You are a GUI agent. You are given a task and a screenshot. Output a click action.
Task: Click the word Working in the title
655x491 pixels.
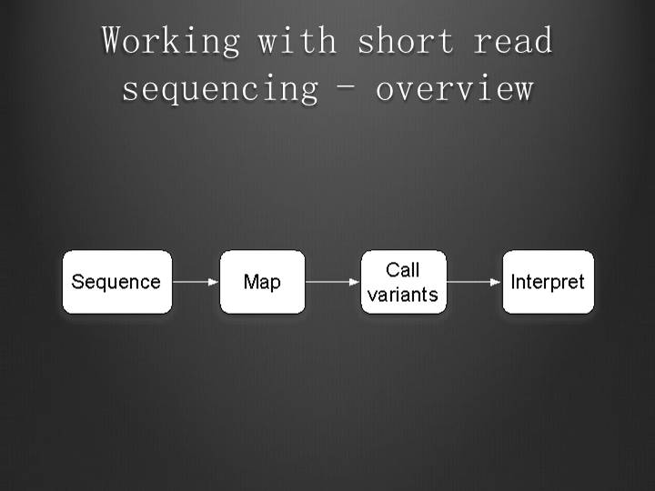pos(170,41)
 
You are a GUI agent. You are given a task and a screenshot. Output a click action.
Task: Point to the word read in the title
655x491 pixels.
pos(513,41)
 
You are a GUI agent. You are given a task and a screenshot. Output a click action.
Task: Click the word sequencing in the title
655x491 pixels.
pos(220,89)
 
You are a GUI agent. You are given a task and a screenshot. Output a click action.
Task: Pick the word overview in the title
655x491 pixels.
pos(454,89)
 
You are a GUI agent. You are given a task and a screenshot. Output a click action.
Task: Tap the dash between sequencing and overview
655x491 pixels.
pos(348,89)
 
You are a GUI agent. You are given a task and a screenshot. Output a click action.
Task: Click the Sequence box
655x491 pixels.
pos(116,282)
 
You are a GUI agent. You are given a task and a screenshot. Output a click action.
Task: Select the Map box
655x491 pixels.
pos(262,282)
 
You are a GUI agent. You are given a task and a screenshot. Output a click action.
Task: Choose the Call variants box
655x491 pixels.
pos(403,282)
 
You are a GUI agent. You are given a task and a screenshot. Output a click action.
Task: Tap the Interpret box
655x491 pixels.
pos(548,282)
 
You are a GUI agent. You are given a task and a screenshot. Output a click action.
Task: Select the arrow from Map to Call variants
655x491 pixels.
pos(332,282)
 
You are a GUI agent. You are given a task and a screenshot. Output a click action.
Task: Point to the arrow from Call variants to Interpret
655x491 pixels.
pos(474,282)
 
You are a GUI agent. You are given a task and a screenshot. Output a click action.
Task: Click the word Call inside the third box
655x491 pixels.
pos(403,270)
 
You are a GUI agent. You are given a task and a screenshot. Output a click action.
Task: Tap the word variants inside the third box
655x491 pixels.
pos(403,294)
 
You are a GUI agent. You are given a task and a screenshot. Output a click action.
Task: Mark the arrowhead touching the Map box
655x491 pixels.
pos(214,282)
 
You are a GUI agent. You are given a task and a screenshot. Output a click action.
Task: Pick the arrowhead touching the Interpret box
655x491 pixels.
pos(497,282)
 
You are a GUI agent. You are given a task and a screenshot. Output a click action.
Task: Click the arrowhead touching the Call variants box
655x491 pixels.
pos(355,282)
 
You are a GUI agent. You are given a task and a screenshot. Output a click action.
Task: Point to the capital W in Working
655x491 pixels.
pos(113,41)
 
